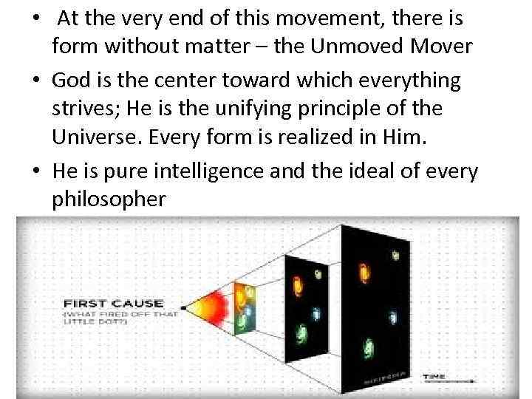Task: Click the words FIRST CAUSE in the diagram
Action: (123, 302)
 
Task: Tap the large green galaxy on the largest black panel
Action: (367, 345)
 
